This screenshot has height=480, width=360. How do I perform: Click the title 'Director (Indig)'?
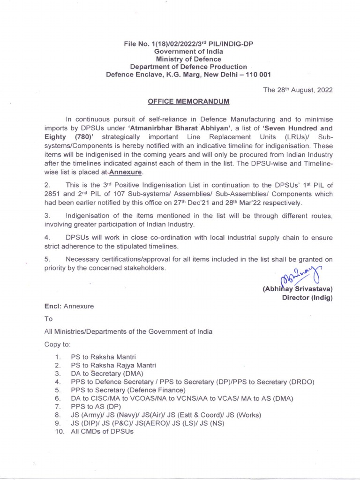point(307,298)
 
